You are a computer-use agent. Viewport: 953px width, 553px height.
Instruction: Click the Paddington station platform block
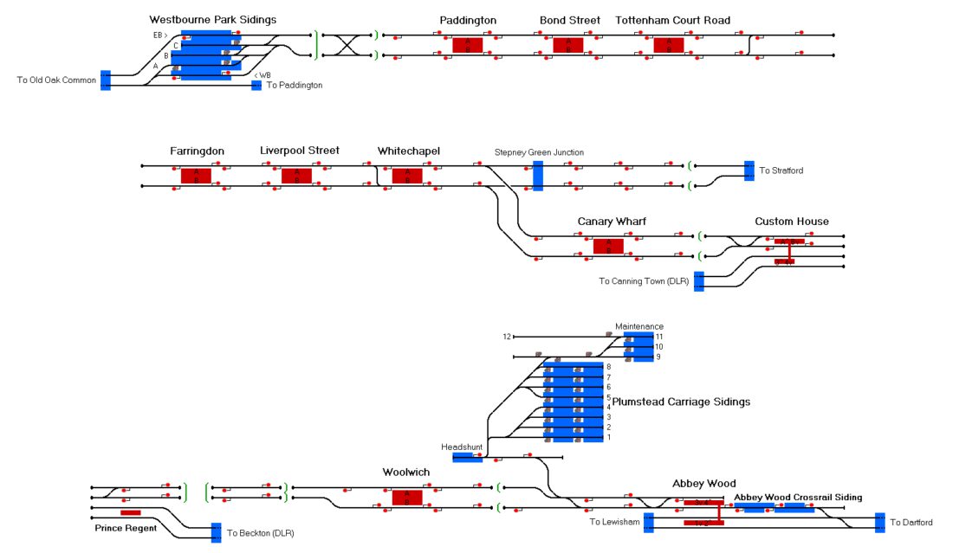[468, 45]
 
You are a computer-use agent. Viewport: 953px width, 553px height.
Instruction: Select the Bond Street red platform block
[568, 45]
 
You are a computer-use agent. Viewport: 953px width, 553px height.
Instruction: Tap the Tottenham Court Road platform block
[669, 45]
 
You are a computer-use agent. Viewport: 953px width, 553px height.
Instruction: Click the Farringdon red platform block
[196, 176]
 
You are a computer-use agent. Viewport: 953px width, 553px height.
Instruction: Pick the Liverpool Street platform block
[296, 176]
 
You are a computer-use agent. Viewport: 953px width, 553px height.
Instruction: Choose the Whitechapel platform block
[407, 176]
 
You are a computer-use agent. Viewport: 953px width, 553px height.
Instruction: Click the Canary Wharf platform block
[608, 247]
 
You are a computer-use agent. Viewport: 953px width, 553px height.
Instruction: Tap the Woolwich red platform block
[407, 498]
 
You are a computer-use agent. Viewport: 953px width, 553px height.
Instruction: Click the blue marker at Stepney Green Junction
[538, 176]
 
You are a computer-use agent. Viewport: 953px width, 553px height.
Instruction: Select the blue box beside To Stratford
[749, 170]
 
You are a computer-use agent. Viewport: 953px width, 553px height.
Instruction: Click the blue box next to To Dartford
[879, 522]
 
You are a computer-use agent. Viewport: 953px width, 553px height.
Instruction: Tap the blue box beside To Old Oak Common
[106, 80]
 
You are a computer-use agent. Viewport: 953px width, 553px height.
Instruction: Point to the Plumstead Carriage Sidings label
[681, 402]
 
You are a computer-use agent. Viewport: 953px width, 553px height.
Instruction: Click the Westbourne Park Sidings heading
[213, 19]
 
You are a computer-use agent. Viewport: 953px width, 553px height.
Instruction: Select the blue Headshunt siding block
[468, 457]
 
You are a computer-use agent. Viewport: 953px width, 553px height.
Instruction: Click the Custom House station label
[791, 222]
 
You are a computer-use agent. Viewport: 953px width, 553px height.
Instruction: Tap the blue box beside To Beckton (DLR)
[216, 532]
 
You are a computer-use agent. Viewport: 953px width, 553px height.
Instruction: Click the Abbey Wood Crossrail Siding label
[798, 498]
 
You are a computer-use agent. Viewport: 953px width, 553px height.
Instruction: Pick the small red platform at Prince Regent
[131, 513]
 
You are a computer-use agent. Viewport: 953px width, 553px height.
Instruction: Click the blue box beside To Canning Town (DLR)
[699, 281]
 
